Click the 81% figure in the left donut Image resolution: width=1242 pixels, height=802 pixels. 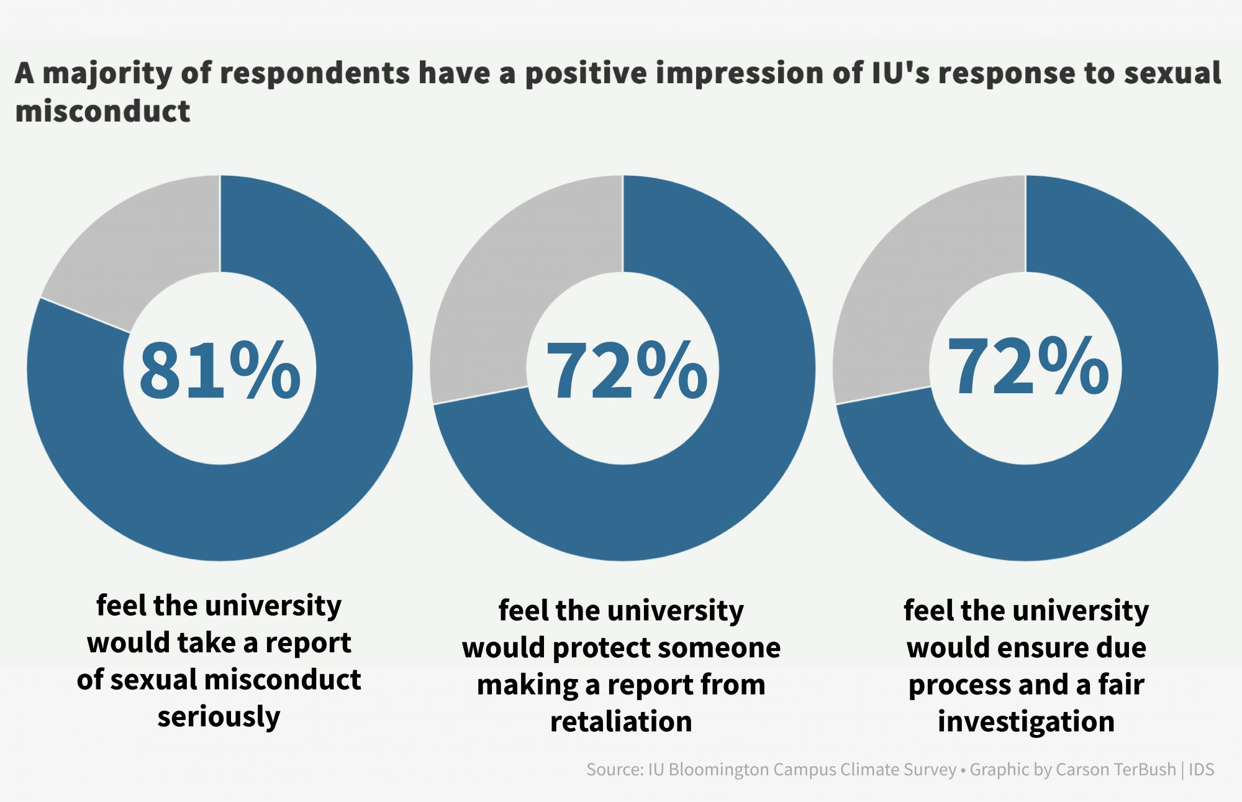pyautogui.click(x=220, y=371)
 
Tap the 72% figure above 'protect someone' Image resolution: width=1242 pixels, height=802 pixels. pyautogui.click(x=626, y=371)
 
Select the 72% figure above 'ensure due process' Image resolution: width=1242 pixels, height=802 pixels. pyautogui.click(x=1028, y=367)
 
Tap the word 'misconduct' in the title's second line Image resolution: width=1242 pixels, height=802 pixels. pyautogui.click(x=102, y=112)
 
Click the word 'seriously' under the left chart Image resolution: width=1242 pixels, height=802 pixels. pyautogui.click(x=219, y=716)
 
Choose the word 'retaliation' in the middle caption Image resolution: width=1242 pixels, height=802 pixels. pyautogui.click(x=621, y=722)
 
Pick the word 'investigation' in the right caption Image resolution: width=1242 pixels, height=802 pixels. pyautogui.click(x=1026, y=722)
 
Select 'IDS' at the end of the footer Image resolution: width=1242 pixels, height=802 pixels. pyautogui.click(x=1202, y=770)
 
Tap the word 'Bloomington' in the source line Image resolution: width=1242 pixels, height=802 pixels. pyautogui.click(x=720, y=770)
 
